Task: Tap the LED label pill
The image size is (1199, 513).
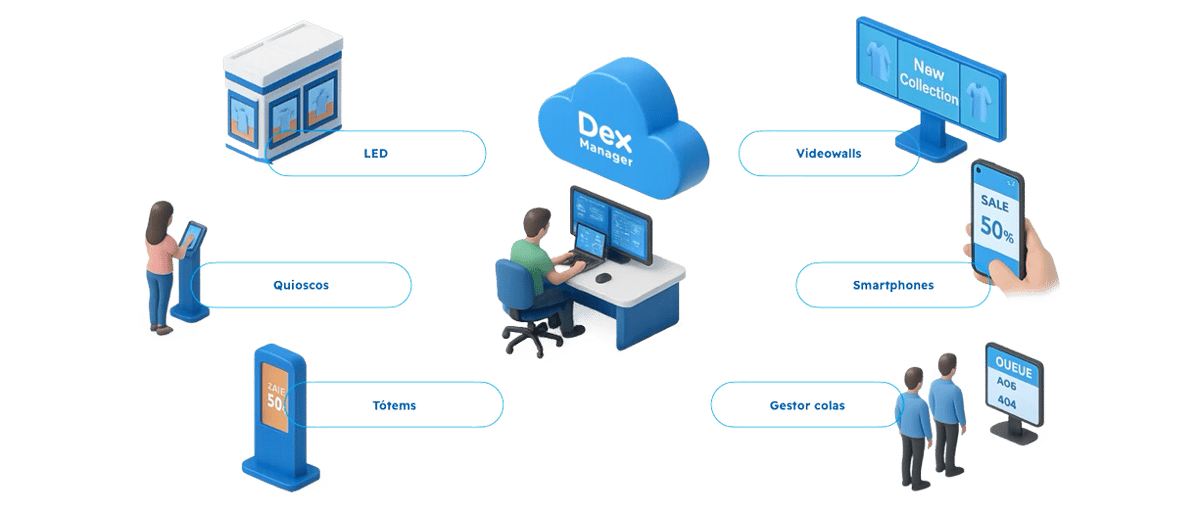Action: tap(377, 154)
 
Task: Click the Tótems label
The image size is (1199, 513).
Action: tap(394, 406)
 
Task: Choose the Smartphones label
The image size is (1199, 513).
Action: tap(893, 285)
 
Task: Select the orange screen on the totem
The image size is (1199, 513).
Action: tap(274, 391)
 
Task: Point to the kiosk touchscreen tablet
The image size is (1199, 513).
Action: tap(194, 234)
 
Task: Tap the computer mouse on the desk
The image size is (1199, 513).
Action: tap(603, 277)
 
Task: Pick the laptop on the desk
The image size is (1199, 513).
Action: tap(590, 246)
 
